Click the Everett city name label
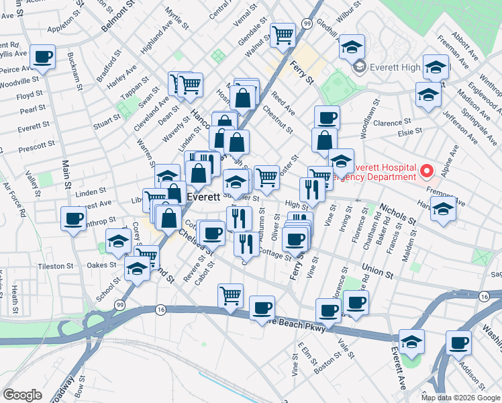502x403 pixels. click(x=203, y=198)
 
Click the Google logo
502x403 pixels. click(x=23, y=394)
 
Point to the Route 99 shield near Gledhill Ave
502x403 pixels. click(x=306, y=24)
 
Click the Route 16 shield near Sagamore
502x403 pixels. click(x=484, y=296)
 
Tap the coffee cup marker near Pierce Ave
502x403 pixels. click(x=43, y=58)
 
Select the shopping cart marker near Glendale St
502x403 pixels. click(x=283, y=34)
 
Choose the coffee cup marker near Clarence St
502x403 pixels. click(x=327, y=119)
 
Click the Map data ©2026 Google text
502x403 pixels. click(x=460, y=397)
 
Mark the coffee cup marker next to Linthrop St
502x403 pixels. click(x=73, y=218)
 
